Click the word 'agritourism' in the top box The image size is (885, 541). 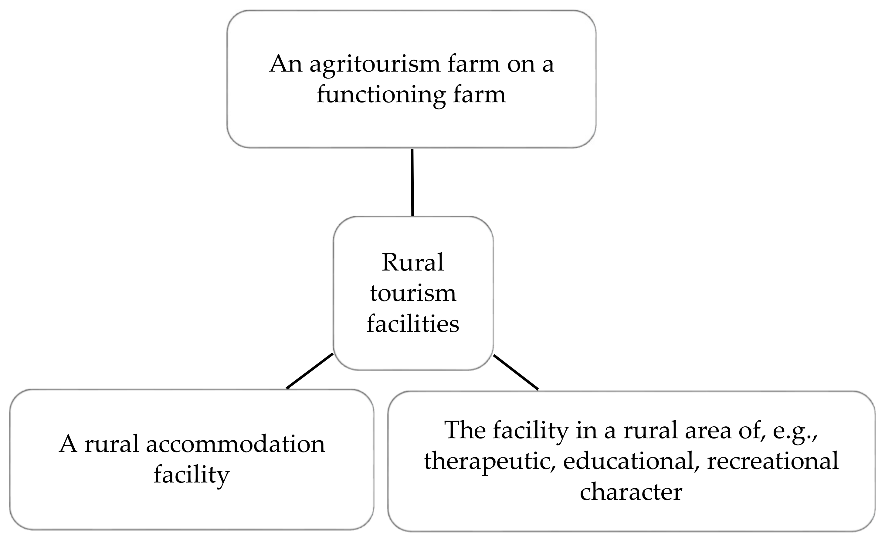(375, 65)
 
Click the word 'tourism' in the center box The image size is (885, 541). (413, 293)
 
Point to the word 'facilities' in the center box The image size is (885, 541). (413, 324)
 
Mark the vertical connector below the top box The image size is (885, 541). (412, 182)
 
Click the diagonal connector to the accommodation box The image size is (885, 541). (310, 371)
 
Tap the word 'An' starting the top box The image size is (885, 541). (286, 65)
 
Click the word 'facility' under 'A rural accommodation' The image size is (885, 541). (192, 475)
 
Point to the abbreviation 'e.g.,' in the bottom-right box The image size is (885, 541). (795, 431)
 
